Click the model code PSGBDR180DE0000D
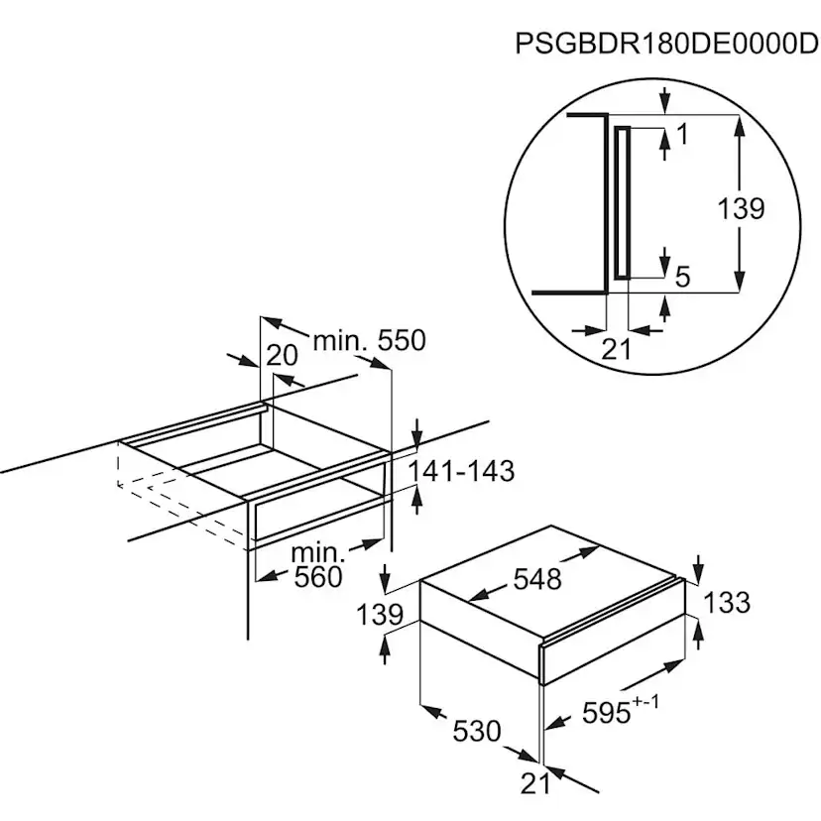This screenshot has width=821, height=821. (659, 45)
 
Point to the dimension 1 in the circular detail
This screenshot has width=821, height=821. (681, 135)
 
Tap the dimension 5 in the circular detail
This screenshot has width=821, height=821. (681, 277)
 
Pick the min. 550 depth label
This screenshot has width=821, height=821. (369, 341)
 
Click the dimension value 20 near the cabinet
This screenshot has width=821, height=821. (283, 355)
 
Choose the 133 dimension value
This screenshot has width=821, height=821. (727, 602)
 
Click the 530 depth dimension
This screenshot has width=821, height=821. (477, 731)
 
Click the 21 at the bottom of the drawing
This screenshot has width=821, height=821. (534, 782)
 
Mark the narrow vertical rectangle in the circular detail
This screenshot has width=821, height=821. (622, 204)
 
